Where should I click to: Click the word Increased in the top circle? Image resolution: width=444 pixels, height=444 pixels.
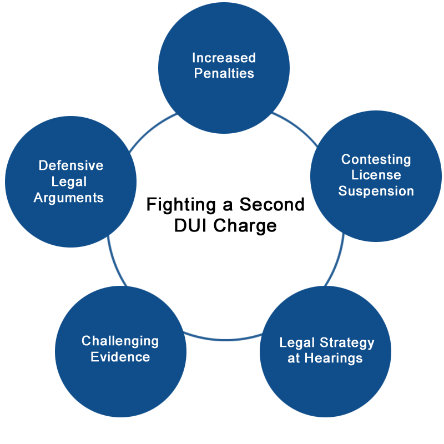coord(224,58)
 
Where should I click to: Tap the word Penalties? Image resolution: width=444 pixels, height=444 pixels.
coord(224,73)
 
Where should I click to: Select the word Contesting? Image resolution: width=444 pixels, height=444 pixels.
coord(376,160)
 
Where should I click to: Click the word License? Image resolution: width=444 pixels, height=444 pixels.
coord(376,175)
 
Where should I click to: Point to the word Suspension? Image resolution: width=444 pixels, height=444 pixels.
coord(376,191)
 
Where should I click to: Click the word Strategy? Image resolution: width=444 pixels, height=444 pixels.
coord(347,343)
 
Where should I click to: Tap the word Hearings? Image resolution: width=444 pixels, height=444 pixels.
coord(334,358)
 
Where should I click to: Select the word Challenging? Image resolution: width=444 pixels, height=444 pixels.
coord(120,341)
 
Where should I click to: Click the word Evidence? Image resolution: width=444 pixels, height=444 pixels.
coord(120,357)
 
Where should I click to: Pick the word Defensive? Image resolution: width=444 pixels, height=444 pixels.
coord(71,165)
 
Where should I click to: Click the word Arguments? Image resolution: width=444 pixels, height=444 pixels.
coord(68,198)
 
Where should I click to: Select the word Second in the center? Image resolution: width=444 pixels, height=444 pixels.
coord(272,204)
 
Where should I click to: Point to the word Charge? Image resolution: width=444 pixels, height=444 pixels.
coord(245,226)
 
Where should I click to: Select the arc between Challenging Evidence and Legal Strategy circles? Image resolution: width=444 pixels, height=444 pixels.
coord(224,339)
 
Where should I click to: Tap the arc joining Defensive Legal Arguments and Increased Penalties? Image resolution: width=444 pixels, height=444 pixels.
coord(151,130)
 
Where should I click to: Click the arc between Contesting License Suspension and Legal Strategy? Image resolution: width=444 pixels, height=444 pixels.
coord(337,261)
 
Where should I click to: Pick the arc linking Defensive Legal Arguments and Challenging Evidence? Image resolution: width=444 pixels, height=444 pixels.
coord(115,262)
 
